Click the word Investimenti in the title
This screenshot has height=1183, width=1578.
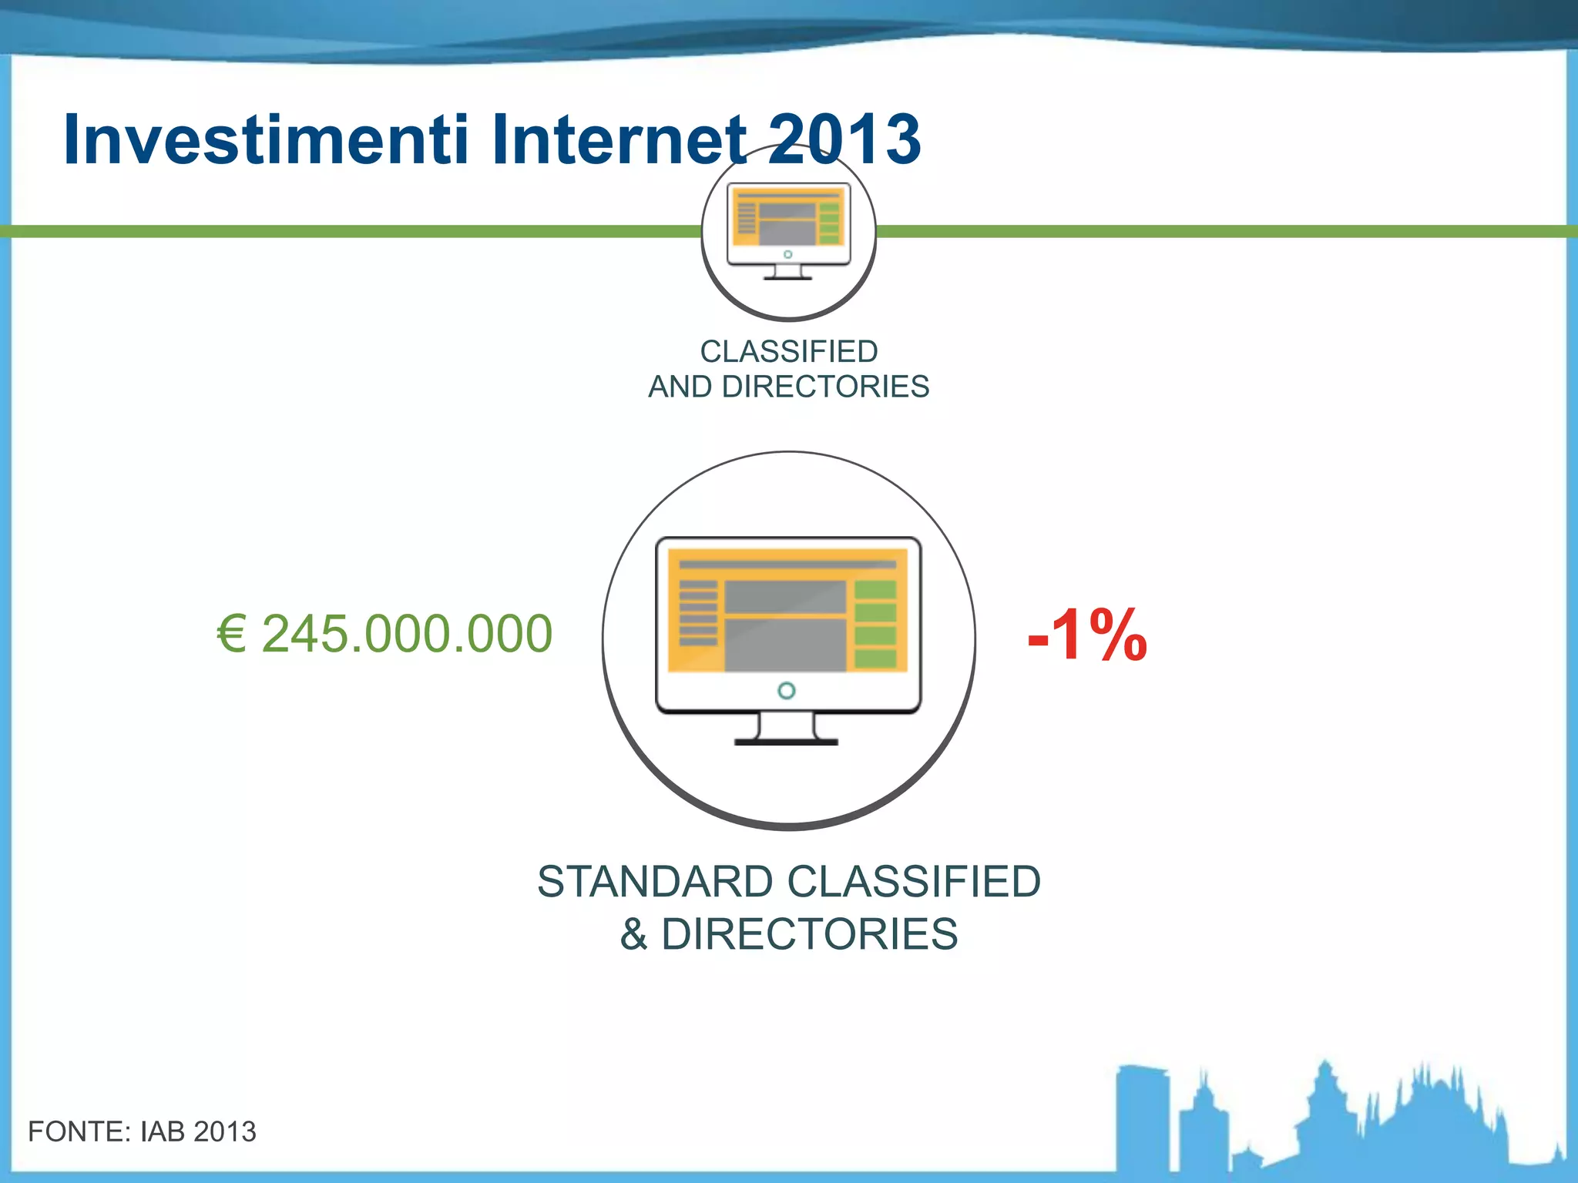point(266,140)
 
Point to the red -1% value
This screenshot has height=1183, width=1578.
point(1087,636)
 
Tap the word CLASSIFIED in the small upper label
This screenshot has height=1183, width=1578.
point(789,352)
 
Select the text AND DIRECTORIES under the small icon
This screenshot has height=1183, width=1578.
point(789,387)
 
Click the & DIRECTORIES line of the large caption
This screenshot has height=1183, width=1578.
point(789,934)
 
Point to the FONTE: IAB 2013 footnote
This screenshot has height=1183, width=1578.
point(142,1131)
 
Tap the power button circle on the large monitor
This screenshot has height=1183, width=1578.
point(787,691)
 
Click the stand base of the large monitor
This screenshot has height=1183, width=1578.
point(786,741)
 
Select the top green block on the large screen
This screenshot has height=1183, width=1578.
point(875,590)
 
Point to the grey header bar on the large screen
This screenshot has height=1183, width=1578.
point(787,565)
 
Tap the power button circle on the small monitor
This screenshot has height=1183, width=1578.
point(787,254)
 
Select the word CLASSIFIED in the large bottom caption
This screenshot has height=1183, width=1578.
point(914,882)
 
